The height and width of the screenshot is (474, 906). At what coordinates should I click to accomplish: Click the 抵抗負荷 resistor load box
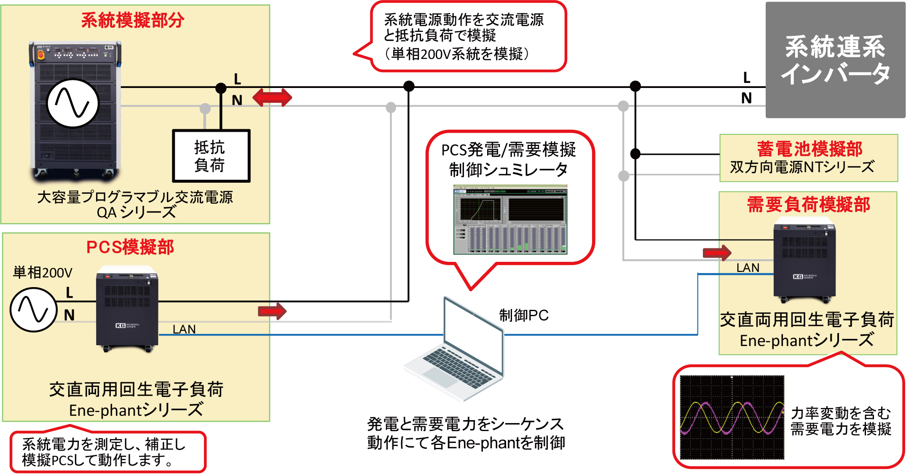click(211, 156)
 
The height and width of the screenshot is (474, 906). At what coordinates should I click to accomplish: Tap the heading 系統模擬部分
click(133, 20)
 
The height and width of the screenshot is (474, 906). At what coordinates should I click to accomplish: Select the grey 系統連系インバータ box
click(835, 61)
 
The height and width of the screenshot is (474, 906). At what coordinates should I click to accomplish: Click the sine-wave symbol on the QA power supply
click(72, 103)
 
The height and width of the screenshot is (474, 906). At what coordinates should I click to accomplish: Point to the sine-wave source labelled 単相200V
click(33, 310)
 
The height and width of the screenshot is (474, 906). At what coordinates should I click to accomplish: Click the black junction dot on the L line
click(221, 88)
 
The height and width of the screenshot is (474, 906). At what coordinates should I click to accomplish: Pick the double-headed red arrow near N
click(271, 98)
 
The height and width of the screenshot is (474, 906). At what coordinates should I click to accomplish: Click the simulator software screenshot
click(510, 219)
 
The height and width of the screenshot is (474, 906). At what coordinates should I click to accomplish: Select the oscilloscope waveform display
click(732, 417)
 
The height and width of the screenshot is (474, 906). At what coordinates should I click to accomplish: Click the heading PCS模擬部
click(130, 247)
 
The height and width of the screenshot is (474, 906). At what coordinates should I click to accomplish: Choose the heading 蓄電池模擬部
click(810, 149)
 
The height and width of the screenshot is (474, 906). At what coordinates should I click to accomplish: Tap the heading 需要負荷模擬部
click(808, 205)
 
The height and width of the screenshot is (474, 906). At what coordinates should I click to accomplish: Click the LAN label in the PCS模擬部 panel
click(184, 329)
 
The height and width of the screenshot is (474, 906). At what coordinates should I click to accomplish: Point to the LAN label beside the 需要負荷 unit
click(748, 268)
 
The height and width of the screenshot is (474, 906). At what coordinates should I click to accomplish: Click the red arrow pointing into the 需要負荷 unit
click(717, 253)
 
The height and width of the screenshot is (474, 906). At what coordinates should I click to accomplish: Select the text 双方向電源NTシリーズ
click(802, 167)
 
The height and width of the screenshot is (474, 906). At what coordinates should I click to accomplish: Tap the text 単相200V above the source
click(43, 273)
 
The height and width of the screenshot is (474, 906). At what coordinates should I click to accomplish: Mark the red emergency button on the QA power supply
click(41, 55)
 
